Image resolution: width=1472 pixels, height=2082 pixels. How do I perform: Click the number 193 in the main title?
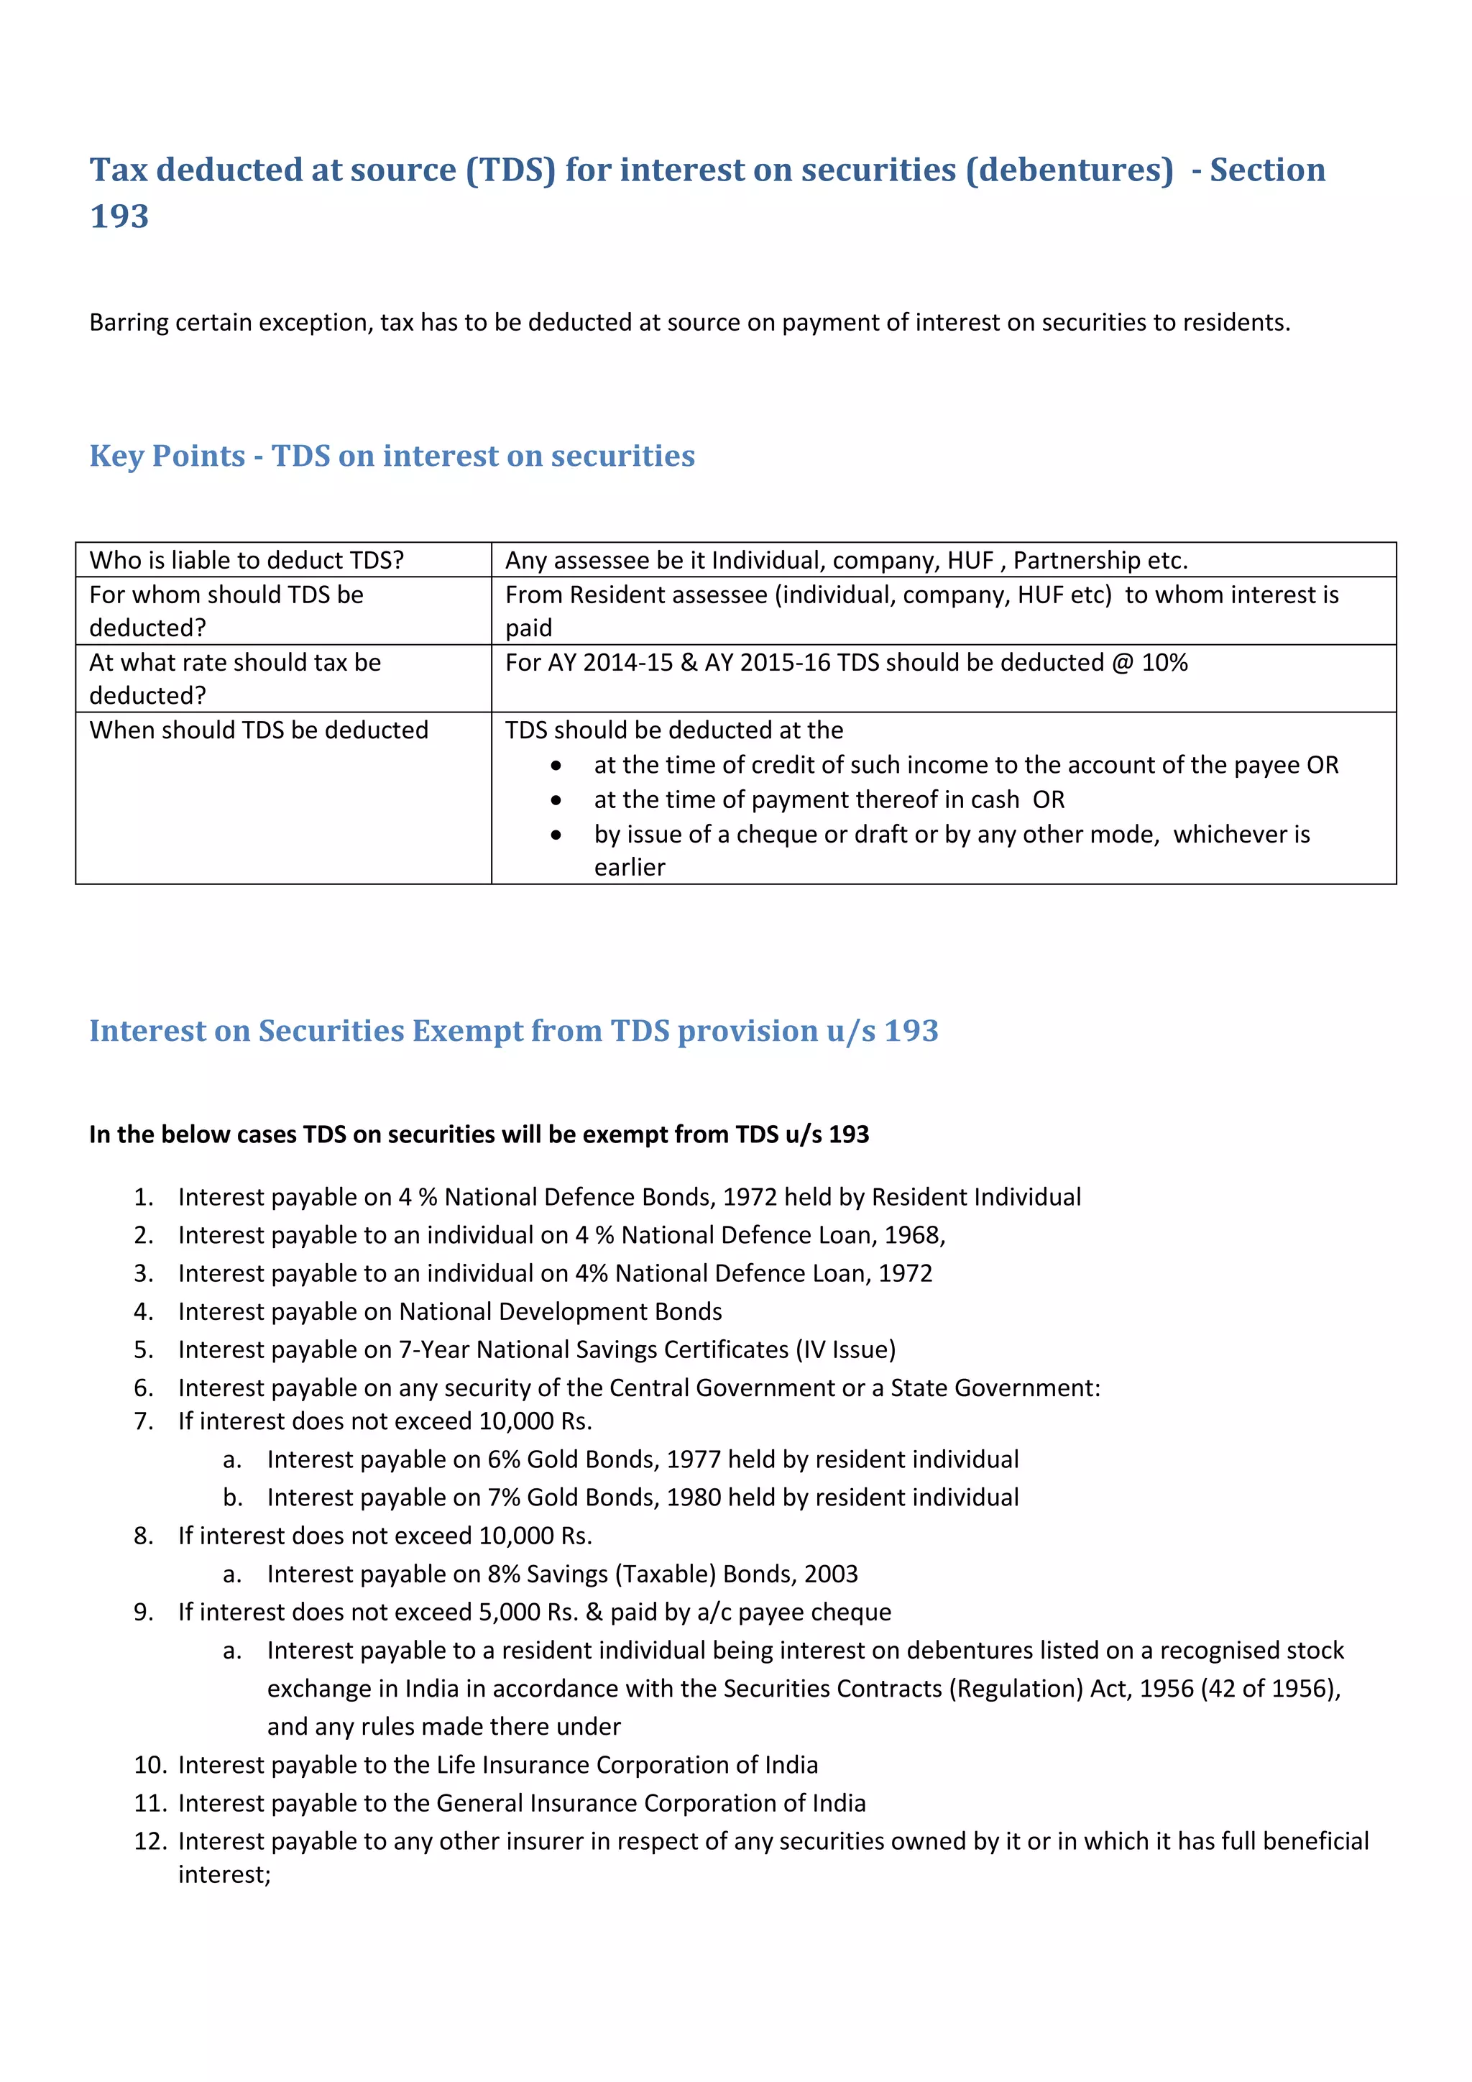119,216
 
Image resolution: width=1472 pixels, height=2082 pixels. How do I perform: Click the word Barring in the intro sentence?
128,323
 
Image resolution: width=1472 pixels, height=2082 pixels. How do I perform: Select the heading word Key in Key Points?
117,455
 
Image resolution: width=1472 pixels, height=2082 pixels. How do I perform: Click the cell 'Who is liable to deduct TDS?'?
247,560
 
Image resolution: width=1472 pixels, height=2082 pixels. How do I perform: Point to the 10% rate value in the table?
1164,663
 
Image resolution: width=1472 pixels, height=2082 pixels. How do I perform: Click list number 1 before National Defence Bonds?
143,1197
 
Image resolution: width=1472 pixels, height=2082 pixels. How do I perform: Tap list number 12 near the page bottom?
149,1842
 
